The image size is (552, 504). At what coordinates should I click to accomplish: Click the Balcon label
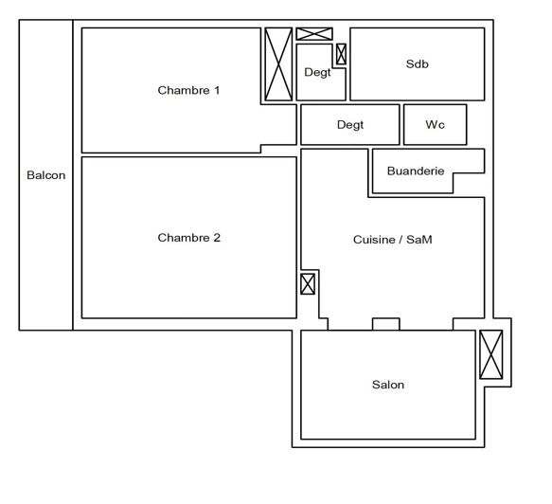pyautogui.click(x=45, y=175)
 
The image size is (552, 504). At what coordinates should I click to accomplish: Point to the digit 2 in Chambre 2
pyautogui.click(x=217, y=238)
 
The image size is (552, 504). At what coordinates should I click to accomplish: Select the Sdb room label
pyautogui.click(x=417, y=63)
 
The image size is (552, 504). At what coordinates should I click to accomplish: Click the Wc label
pyautogui.click(x=435, y=124)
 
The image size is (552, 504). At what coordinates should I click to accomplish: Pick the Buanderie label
pyautogui.click(x=415, y=171)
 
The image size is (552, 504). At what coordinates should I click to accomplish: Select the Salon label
pyautogui.click(x=387, y=385)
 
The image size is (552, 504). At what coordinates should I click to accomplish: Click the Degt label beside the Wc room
pyautogui.click(x=350, y=124)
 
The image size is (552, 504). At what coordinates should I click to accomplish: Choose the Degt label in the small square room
pyautogui.click(x=317, y=73)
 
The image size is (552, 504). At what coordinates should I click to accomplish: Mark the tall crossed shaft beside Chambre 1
pyautogui.click(x=278, y=63)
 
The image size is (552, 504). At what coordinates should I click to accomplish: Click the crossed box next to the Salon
pyautogui.click(x=491, y=355)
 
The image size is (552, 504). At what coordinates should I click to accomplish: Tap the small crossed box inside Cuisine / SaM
pyautogui.click(x=308, y=283)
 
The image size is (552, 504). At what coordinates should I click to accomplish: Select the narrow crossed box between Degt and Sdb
pyautogui.click(x=341, y=54)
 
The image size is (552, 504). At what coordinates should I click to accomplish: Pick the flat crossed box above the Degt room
pyautogui.click(x=314, y=34)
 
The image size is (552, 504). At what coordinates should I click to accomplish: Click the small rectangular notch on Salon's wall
pyautogui.click(x=385, y=324)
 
